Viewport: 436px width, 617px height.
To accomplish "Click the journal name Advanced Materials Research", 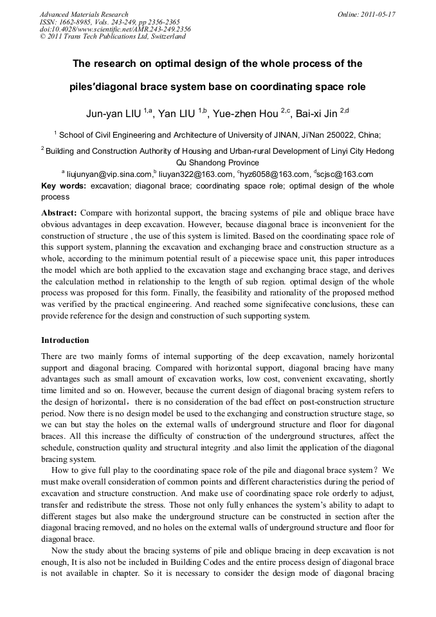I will click(84, 14).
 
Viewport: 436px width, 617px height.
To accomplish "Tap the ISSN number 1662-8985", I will click(77, 22).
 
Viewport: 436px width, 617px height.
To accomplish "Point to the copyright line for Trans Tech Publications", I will click(113, 37).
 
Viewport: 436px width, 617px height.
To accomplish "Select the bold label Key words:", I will click(64, 186).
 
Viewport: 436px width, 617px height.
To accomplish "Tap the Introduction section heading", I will click(65, 340).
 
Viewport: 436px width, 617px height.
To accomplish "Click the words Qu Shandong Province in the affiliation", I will click(217, 163).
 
